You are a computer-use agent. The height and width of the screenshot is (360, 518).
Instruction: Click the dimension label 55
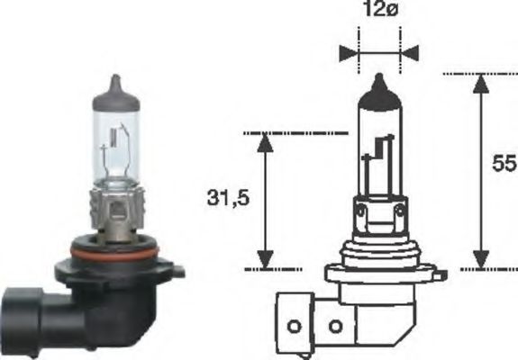(x=504, y=164)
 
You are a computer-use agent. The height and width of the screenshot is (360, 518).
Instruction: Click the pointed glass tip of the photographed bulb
(x=113, y=83)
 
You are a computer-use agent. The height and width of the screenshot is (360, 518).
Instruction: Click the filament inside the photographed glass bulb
(x=114, y=148)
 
